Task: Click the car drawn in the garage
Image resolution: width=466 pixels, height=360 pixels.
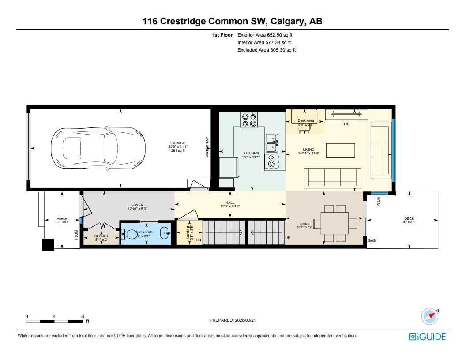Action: tap(97, 147)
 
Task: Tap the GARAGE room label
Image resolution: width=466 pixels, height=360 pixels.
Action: tap(178, 143)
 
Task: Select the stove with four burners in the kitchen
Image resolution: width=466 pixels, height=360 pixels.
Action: tap(249, 120)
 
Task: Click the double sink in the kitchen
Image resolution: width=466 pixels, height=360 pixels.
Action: tap(271, 141)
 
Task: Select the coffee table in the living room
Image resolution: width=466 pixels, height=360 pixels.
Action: tap(341, 150)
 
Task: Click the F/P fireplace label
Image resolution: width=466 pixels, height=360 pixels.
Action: tap(346, 124)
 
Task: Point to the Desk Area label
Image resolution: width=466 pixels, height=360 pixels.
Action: tap(305, 120)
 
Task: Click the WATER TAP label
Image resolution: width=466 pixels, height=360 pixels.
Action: tap(207, 147)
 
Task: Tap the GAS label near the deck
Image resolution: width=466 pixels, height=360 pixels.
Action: tap(372, 241)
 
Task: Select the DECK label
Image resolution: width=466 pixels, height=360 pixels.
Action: tap(409, 218)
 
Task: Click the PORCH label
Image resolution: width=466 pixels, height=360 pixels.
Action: tap(62, 219)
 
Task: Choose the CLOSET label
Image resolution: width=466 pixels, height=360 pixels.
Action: tap(101, 236)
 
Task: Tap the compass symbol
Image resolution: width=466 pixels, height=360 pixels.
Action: tap(429, 316)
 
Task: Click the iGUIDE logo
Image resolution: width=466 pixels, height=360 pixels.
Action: tap(427, 337)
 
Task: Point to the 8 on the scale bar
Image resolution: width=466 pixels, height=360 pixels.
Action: tap(83, 316)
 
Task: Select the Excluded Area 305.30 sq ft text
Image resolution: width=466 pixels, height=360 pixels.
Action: tap(267, 50)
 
